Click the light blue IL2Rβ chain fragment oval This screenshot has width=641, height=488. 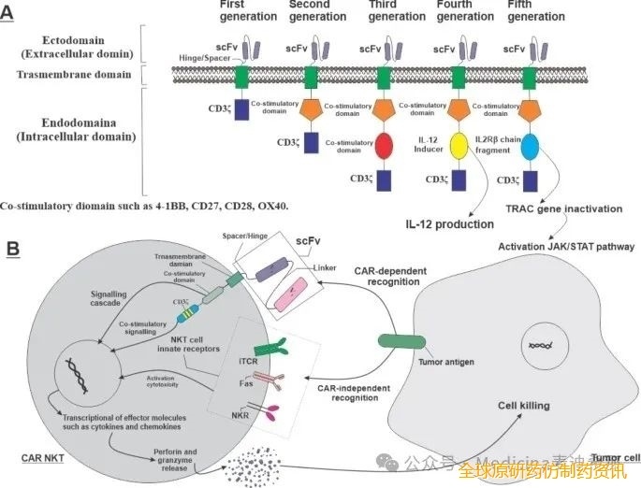(530, 145)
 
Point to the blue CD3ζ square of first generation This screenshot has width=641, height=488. (241, 108)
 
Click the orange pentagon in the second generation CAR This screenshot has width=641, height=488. (313, 108)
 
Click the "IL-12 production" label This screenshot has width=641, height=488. (449, 224)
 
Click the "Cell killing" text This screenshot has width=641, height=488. (524, 407)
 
